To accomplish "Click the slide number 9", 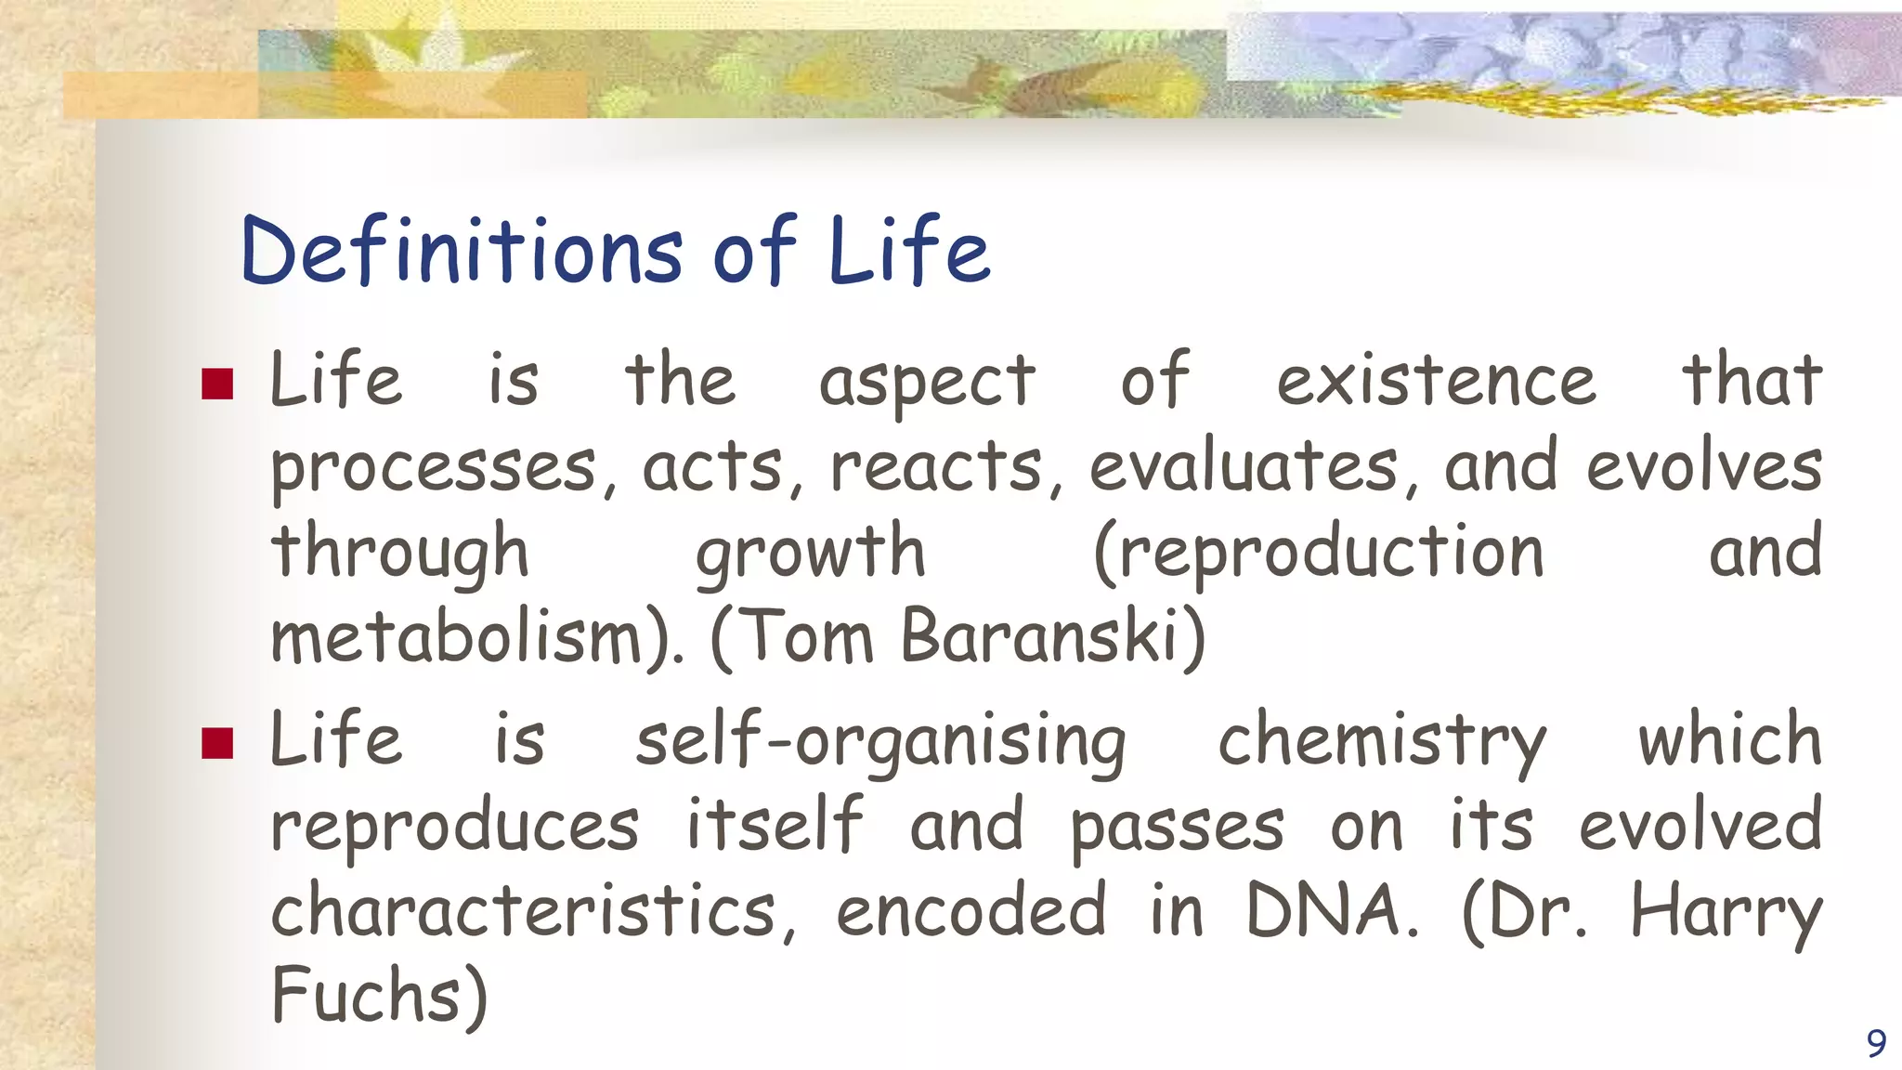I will click(x=1876, y=1043).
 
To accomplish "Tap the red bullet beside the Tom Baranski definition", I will click(x=217, y=384).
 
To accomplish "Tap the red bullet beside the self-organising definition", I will click(x=217, y=743).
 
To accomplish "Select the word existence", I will click(x=1436, y=381).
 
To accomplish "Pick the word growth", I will click(x=811, y=553).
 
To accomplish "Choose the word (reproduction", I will click(x=1319, y=553).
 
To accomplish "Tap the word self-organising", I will click(x=880, y=741).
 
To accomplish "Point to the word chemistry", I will click(x=1382, y=741).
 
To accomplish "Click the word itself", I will click(x=775, y=825).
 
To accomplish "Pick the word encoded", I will click(x=971, y=910).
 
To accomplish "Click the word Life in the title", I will click(x=909, y=251).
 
